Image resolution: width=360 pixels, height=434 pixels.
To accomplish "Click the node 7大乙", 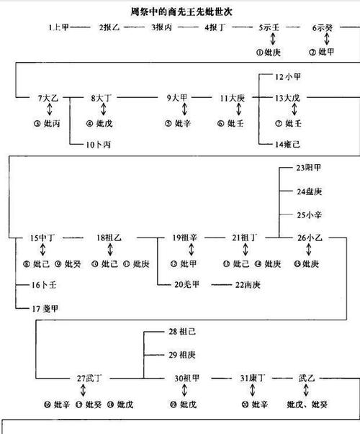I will (x=49, y=97).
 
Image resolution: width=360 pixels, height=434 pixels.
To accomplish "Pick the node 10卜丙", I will (x=98, y=145).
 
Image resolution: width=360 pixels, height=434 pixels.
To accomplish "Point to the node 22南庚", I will (x=247, y=285).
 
